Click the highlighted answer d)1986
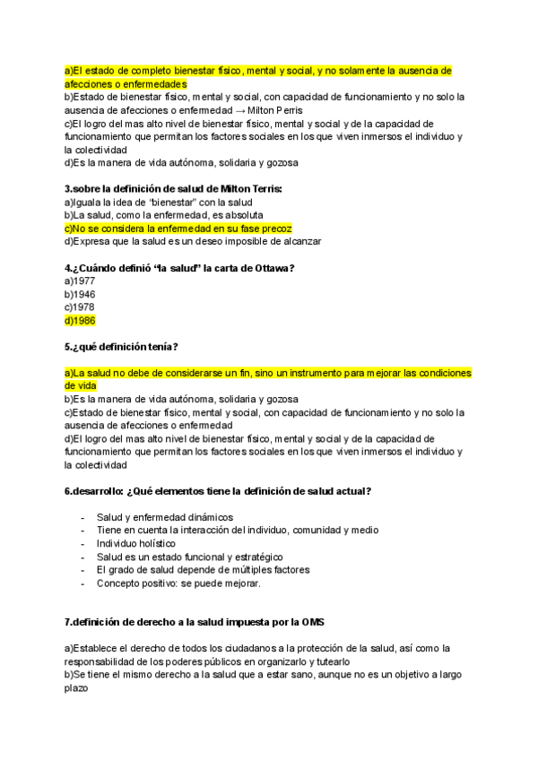pos(80,321)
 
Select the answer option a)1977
pos(80,281)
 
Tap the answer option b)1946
pos(80,294)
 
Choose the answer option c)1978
pos(80,307)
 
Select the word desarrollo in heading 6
pos(99,491)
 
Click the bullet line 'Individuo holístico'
pos(136,543)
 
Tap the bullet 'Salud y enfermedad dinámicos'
pos(164,517)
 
